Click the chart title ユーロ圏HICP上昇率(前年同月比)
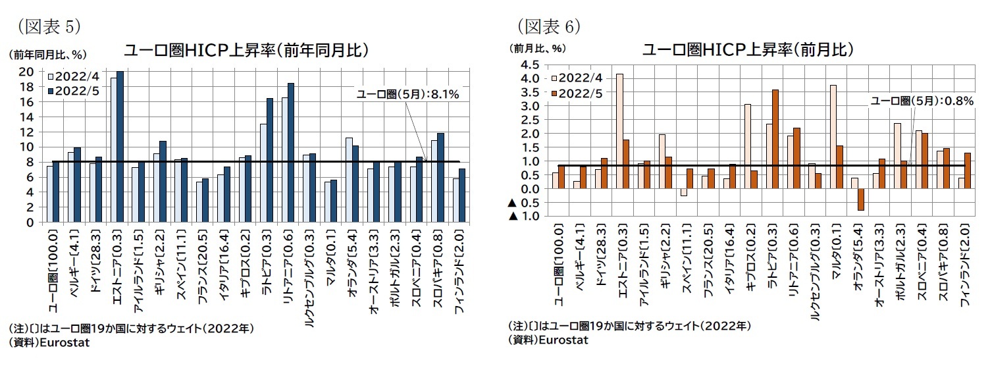pyautogui.click(x=246, y=51)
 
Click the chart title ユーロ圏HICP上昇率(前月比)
pyautogui.click(x=748, y=50)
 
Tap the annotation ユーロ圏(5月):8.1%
pyautogui.click(x=407, y=94)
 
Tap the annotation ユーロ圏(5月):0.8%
pyautogui.click(x=922, y=101)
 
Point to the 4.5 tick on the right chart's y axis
pyautogui.click(x=529, y=65)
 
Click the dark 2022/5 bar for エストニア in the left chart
pyautogui.click(x=120, y=147)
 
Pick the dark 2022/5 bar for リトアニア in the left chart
pyautogui.click(x=290, y=153)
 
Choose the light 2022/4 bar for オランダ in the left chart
pyautogui.click(x=349, y=180)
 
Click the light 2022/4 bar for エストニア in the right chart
pyautogui.click(x=619, y=132)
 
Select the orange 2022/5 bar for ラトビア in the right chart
pyautogui.click(x=775, y=139)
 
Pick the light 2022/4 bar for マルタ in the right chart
pyautogui.click(x=833, y=137)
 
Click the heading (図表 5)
pyautogui.click(x=45, y=25)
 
